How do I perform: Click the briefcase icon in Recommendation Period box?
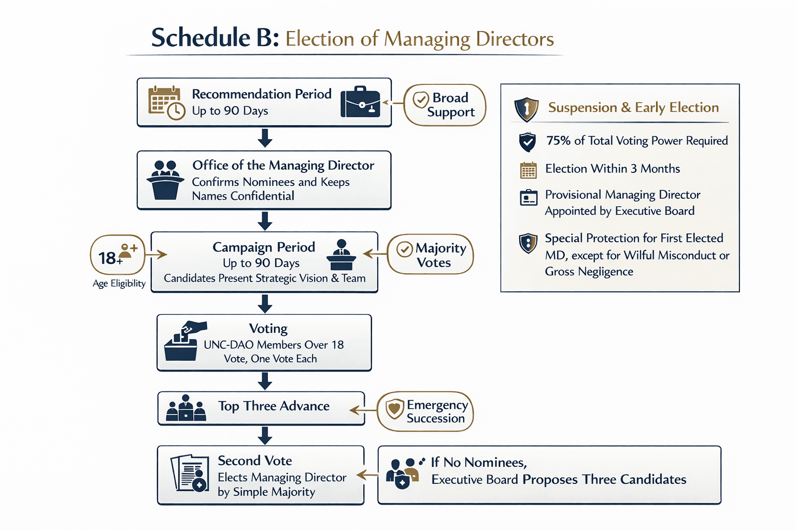coord(360,101)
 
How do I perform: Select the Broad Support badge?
coord(445,105)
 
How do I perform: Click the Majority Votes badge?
coord(431,255)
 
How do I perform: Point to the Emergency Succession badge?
coord(425,411)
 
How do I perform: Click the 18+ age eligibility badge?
coord(118,255)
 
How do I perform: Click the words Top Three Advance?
coord(274,406)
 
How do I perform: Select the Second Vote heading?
coord(254,461)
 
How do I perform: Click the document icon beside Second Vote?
coord(190,473)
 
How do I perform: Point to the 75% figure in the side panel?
coord(558,141)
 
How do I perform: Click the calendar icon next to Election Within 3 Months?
coord(528,170)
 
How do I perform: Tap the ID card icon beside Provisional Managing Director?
coord(528,198)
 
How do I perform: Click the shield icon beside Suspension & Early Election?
coord(526,109)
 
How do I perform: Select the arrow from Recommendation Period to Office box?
coord(265,138)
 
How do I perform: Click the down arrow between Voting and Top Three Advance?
coord(265,381)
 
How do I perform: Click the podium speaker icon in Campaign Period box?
coord(341,255)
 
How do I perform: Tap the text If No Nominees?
coord(479,462)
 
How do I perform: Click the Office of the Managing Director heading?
coord(283,166)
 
